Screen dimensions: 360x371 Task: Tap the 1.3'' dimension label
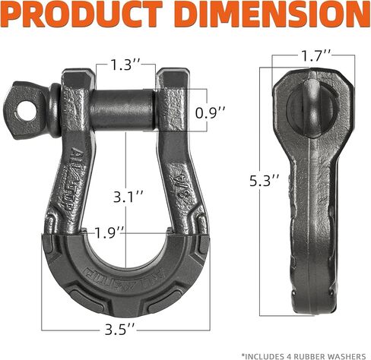point(125,65)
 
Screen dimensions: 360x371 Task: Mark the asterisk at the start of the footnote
point(244,354)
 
